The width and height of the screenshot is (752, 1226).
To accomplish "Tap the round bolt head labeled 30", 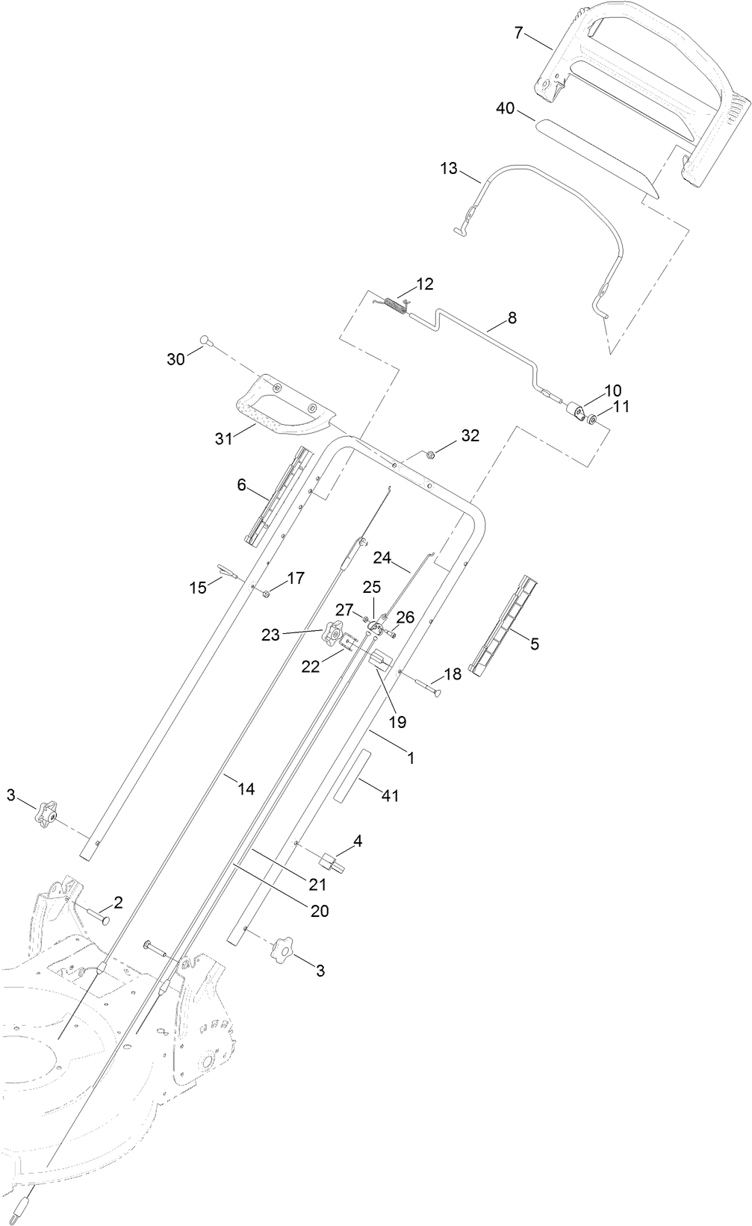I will point(205,341).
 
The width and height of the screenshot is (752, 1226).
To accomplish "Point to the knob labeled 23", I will point(332,635).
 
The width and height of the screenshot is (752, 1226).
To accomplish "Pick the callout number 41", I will point(390,796).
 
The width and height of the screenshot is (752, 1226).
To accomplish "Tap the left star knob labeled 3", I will point(46,813).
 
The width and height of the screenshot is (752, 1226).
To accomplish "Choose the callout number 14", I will point(246,788).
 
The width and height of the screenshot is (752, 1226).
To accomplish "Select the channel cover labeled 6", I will point(276,495).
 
